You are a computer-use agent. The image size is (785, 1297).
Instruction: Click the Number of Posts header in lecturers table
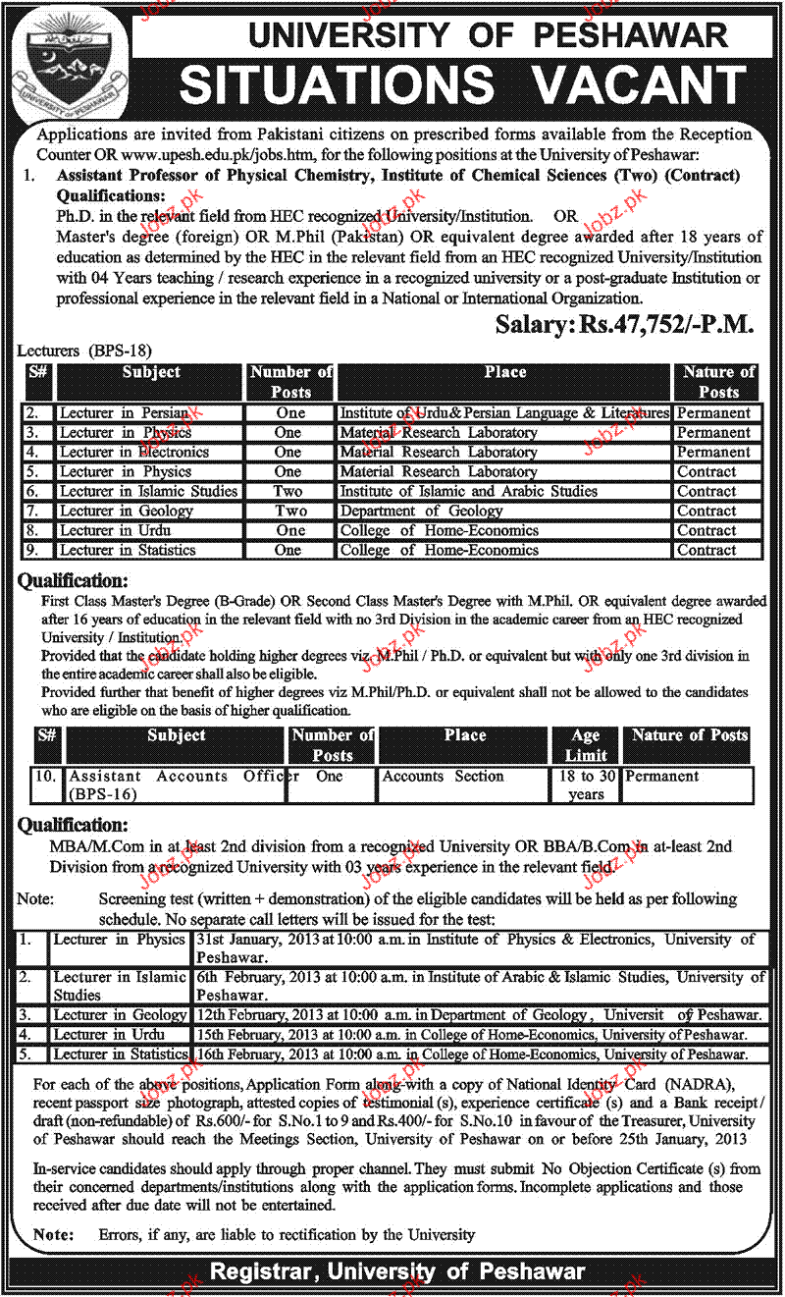click(x=290, y=382)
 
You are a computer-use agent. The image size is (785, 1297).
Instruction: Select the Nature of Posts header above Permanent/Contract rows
click(x=718, y=382)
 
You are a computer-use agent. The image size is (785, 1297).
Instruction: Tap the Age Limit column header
click(x=586, y=745)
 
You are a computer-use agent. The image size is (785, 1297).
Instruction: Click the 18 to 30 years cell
click(x=586, y=784)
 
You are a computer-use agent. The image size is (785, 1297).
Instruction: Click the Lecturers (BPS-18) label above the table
click(x=85, y=350)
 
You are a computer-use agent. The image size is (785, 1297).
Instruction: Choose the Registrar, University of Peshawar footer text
click(x=396, y=1272)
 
